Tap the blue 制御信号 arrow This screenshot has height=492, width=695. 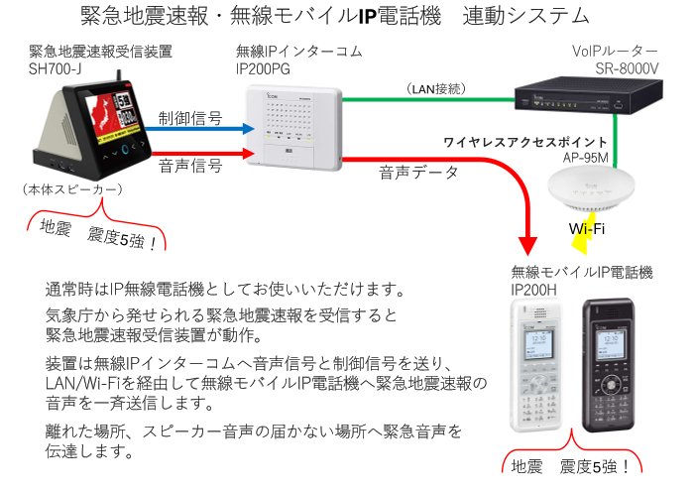coord(198,126)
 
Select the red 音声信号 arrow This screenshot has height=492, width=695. coord(198,153)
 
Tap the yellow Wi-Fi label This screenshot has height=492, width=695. coord(587,229)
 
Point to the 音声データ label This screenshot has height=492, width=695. coord(419,172)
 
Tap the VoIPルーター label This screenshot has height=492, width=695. coord(615,52)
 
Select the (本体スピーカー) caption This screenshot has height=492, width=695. coord(72,188)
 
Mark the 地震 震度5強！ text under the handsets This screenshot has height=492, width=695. coord(570,466)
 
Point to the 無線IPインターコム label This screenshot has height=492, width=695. coord(298,52)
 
